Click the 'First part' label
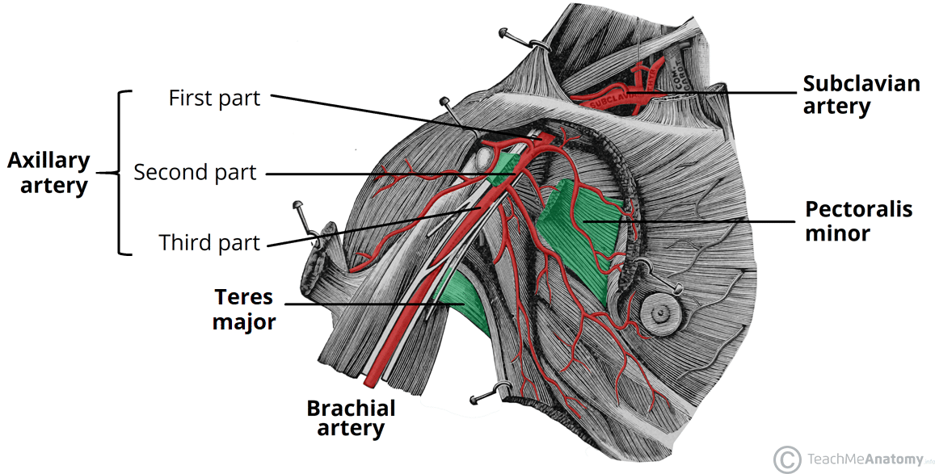click(214, 98)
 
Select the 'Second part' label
click(195, 172)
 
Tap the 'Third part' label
click(209, 242)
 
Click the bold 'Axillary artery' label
click(48, 173)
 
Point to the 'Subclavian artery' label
click(861, 94)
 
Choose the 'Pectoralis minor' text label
click(859, 221)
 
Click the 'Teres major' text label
click(245, 309)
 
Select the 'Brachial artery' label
click(351, 417)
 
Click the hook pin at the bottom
click(485, 396)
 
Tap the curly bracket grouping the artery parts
click(121, 173)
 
